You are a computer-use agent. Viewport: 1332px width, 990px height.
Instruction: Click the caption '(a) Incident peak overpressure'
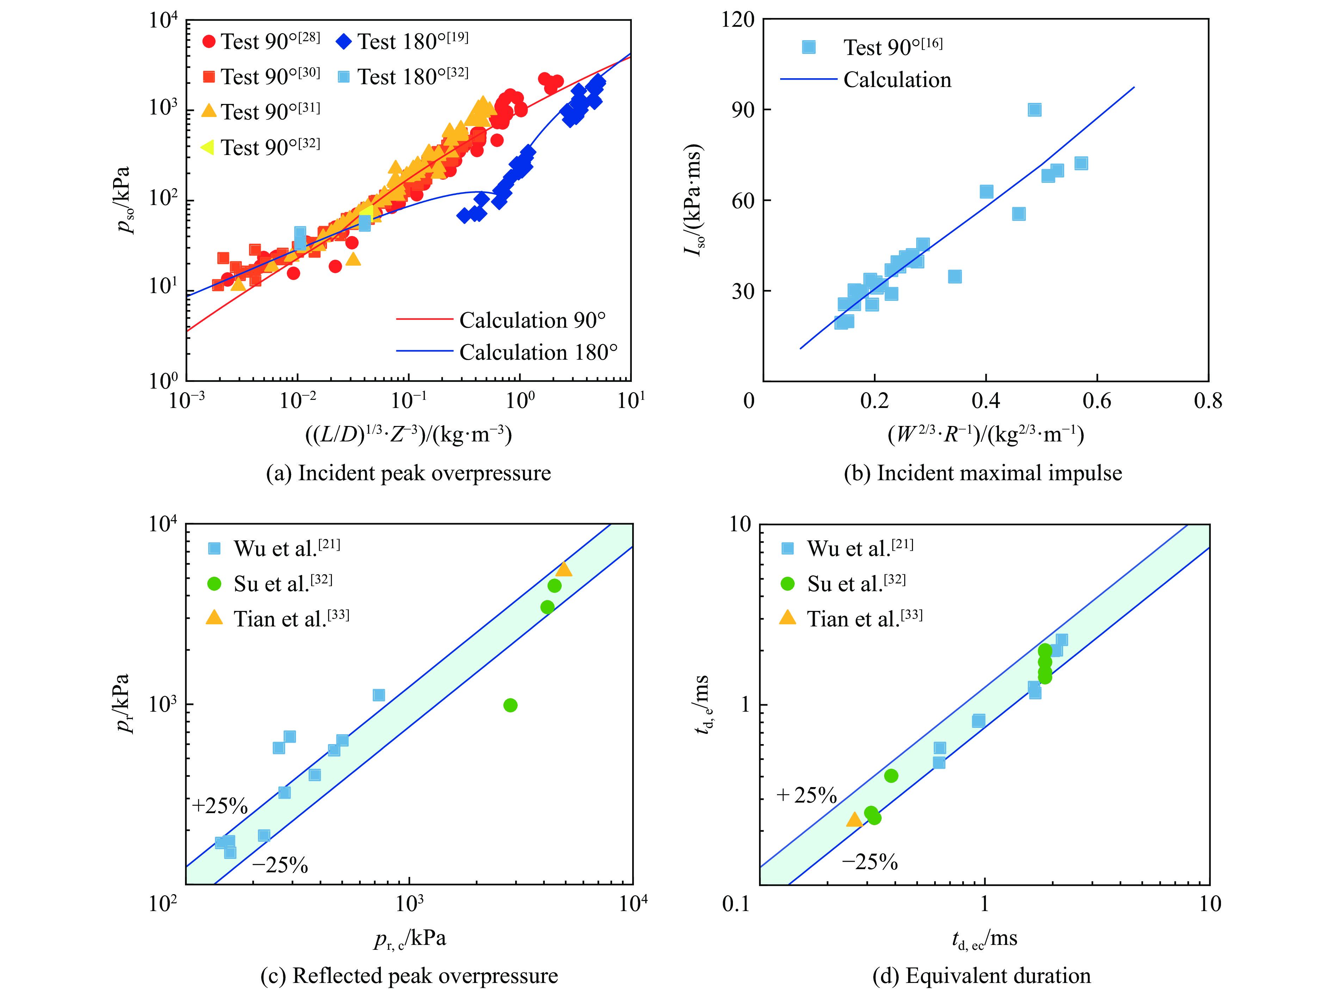click(x=408, y=474)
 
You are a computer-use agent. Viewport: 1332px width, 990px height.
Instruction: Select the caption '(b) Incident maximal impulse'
click(x=982, y=474)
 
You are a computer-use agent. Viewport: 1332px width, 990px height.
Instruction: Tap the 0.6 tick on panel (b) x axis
click(x=1096, y=400)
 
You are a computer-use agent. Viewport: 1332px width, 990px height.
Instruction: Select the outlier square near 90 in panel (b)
click(x=1034, y=110)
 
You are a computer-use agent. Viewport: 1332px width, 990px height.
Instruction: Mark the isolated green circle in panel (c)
click(x=510, y=705)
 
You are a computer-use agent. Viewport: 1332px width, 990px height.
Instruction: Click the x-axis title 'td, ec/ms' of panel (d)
click(x=984, y=939)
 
